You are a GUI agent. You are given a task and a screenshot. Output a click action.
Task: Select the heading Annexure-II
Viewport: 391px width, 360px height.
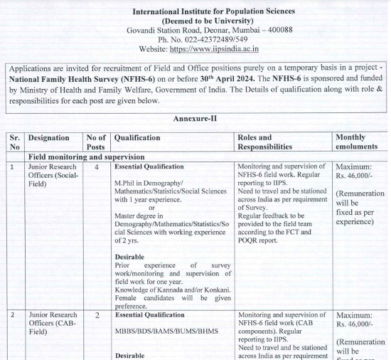point(195,118)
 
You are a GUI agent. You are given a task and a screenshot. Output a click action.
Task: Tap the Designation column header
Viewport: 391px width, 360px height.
point(49,138)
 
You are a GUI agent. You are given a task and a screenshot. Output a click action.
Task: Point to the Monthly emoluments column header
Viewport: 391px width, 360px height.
point(359,142)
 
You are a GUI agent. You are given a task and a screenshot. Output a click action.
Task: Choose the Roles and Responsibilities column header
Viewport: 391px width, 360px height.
point(265,142)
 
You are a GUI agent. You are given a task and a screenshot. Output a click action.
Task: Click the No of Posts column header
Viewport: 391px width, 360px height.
point(96,142)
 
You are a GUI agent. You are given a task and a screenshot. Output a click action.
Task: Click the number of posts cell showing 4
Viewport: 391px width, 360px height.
point(96,166)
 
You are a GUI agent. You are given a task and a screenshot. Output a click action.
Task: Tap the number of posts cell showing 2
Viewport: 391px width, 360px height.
point(96,314)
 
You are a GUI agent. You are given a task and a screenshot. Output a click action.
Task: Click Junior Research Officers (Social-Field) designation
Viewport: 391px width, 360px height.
point(53,175)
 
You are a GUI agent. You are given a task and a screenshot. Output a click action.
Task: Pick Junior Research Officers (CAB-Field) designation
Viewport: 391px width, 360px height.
point(53,323)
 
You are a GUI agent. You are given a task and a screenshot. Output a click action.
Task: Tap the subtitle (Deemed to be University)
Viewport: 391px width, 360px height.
point(194,21)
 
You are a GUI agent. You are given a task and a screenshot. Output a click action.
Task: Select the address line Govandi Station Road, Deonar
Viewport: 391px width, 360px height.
point(175,30)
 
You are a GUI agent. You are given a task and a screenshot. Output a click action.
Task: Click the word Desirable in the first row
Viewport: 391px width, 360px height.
point(129,257)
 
